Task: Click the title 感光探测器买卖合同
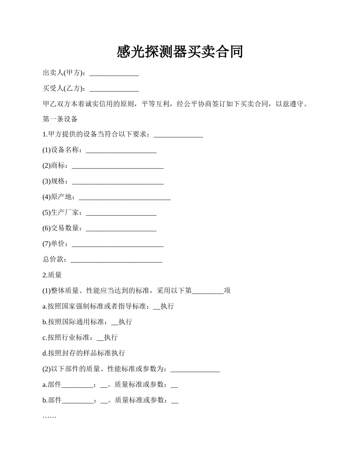coord(180,52)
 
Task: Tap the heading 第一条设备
coord(60,119)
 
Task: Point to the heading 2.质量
coord(52,275)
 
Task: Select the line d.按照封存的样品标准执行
coord(84,353)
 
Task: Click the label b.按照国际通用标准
coord(76,322)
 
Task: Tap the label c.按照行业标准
coord(69,338)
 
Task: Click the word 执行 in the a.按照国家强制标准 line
coord(167,306)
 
